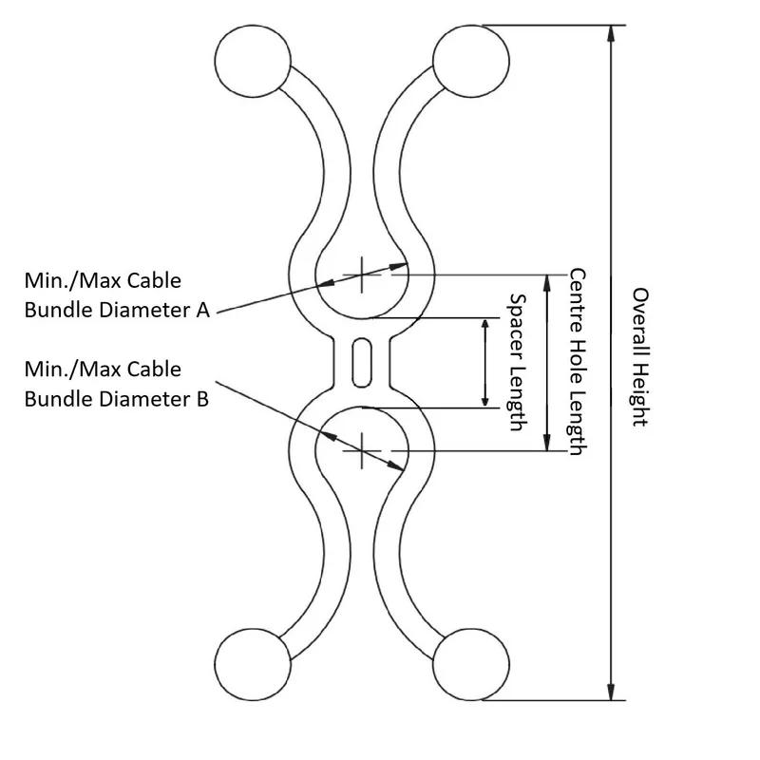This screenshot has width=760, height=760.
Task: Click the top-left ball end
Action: pyautogui.click(x=252, y=59)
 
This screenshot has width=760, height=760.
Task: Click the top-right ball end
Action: pyautogui.click(x=468, y=59)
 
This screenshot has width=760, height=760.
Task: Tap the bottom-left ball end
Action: pyautogui.click(x=252, y=666)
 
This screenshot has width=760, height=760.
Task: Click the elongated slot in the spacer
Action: pyautogui.click(x=362, y=362)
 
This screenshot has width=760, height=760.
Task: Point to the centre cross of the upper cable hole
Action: pyautogui.click(x=361, y=275)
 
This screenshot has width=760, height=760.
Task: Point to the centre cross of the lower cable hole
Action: pyautogui.click(x=361, y=449)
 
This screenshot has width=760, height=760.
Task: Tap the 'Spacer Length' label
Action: pyautogui.click(x=517, y=362)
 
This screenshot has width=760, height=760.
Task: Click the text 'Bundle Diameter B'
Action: pyautogui.click(x=116, y=398)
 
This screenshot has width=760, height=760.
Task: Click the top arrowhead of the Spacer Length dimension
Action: pyautogui.click(x=485, y=326)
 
